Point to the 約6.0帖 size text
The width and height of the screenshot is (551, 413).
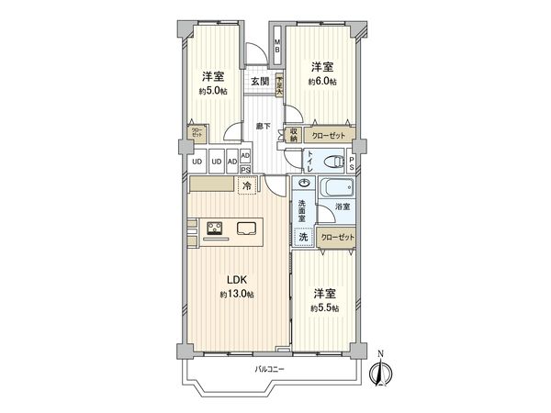coord(320,82)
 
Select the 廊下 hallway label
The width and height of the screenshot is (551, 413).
coord(263,126)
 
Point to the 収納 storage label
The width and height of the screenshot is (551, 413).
coord(294,134)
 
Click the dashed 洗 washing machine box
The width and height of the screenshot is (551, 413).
coord(303,237)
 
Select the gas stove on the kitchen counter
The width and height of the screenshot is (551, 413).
coord(217,229)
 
